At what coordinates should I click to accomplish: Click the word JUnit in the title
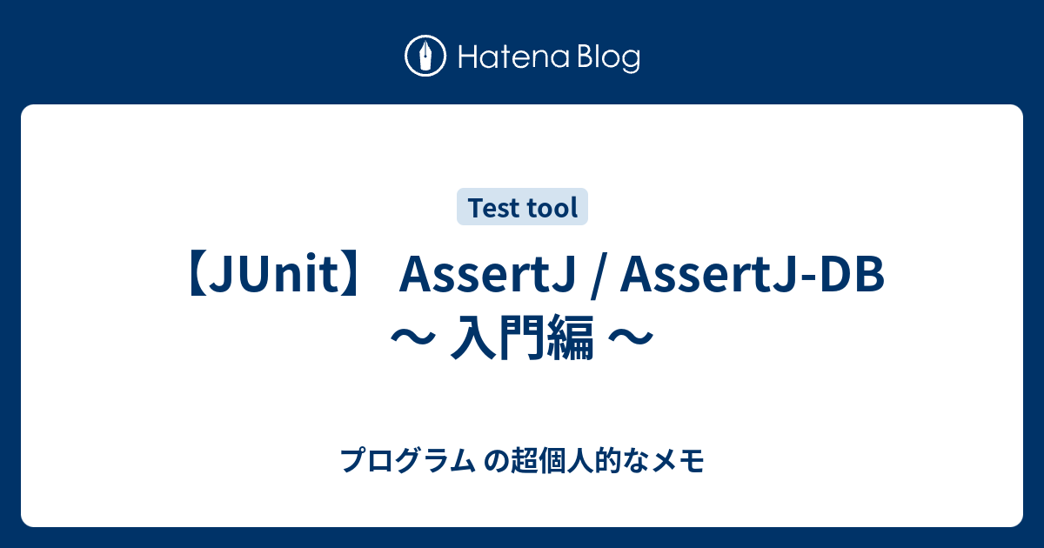(x=279, y=277)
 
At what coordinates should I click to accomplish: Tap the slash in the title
(x=593, y=277)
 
